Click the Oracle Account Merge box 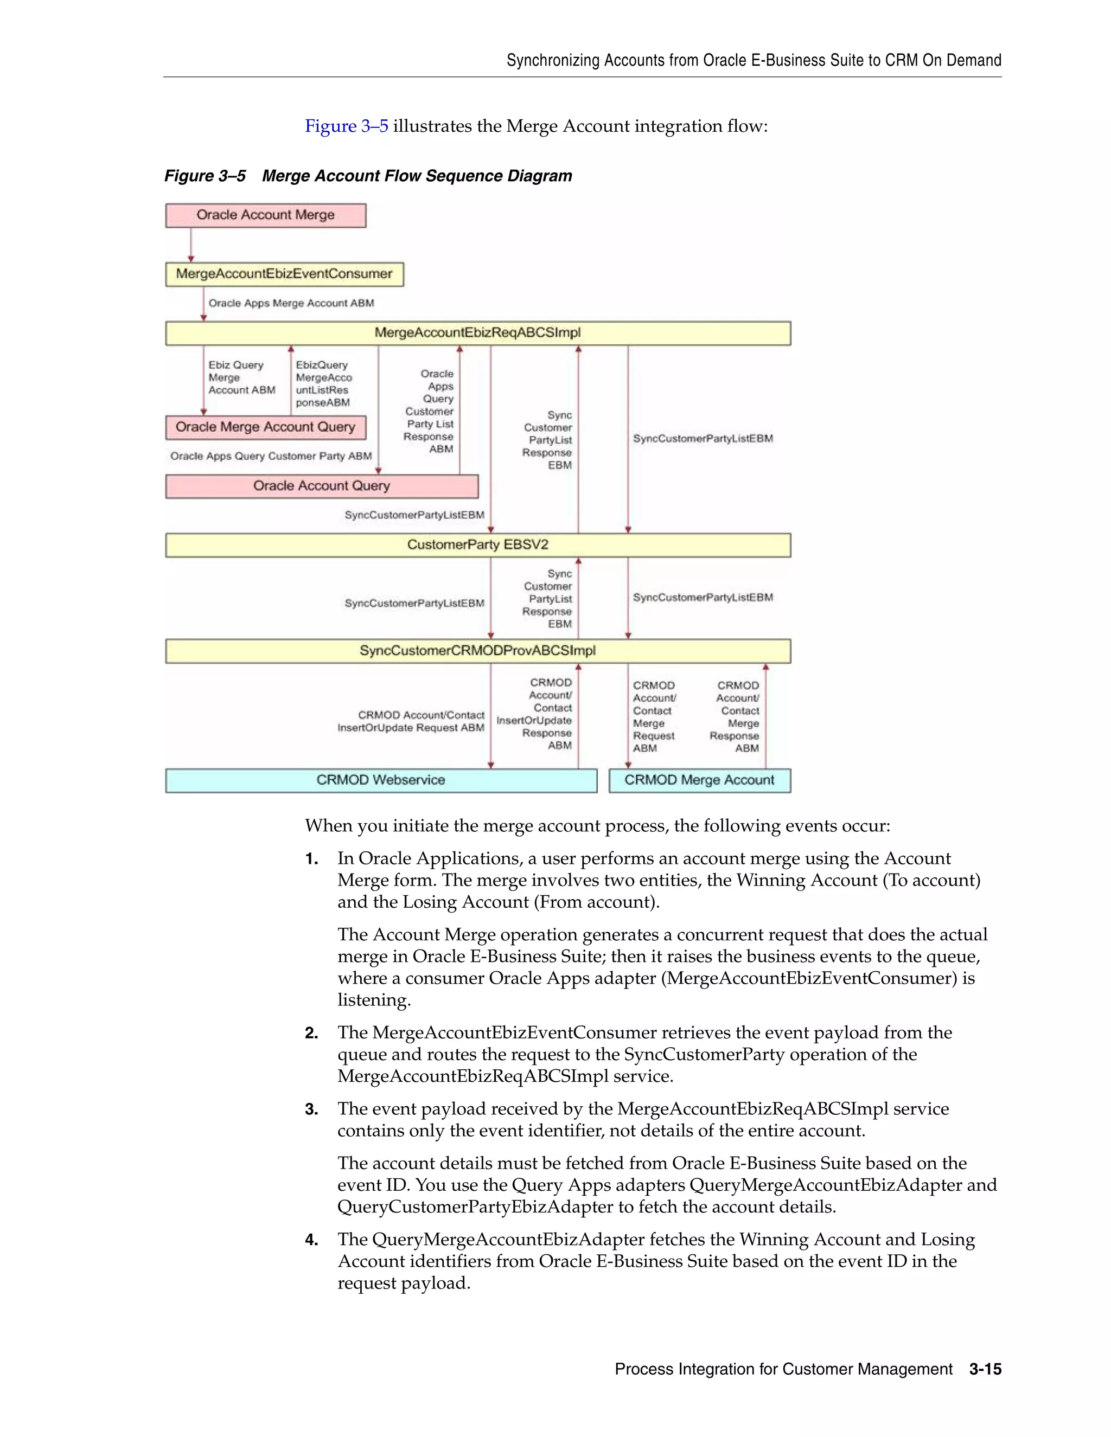coord(265,215)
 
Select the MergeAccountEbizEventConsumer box coord(284,274)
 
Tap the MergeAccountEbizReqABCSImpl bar coord(477,333)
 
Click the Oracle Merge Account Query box coord(265,427)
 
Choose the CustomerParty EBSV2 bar coord(477,545)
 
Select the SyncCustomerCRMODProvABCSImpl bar coord(477,651)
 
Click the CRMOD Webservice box coord(380,780)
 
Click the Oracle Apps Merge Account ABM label coord(291,303)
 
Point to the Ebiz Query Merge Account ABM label coord(241,377)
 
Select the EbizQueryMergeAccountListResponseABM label coord(323,383)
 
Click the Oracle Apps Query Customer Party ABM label coord(271,456)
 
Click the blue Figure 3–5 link coord(346,126)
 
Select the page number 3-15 coord(985,1369)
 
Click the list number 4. coord(311,1240)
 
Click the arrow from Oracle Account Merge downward coord(191,245)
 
